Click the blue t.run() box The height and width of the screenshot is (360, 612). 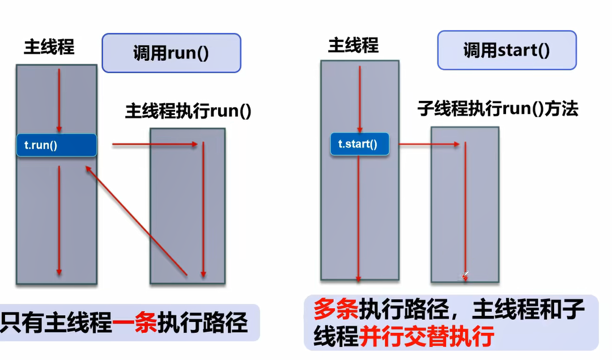57,145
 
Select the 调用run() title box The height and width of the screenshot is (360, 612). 171,53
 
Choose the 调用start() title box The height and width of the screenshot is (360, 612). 507,50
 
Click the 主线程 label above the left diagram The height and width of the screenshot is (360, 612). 49,47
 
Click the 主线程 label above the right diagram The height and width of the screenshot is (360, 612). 353,45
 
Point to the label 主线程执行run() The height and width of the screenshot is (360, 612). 188,111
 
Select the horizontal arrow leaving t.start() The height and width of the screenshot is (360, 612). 428,145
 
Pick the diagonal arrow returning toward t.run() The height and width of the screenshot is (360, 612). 135,221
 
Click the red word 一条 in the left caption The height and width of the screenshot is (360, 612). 135,323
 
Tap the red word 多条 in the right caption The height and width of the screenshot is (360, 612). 335,311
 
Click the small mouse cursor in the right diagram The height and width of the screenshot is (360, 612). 465,276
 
